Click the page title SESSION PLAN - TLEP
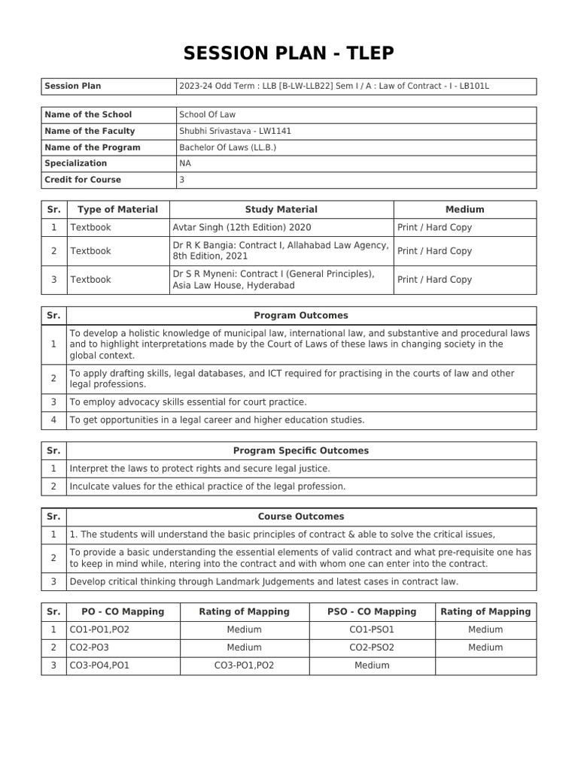[x=289, y=53]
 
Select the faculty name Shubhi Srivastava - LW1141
[x=235, y=131]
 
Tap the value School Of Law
[x=208, y=114]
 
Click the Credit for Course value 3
[x=181, y=180]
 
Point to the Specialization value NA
[x=185, y=163]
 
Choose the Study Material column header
[x=281, y=210]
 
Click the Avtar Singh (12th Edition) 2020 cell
[x=242, y=227]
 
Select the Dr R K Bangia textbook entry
[x=280, y=250]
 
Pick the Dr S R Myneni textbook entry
[x=273, y=279]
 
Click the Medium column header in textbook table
[x=464, y=210]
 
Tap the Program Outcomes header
[x=301, y=316]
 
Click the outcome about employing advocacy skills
[x=188, y=402]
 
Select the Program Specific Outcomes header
[x=301, y=451]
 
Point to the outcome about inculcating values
[x=208, y=487]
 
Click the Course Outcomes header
[x=301, y=517]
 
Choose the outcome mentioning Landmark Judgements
[x=263, y=581]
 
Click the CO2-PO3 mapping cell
[x=90, y=647]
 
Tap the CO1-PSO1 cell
[x=372, y=629]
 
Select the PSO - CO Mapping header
[x=372, y=611]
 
